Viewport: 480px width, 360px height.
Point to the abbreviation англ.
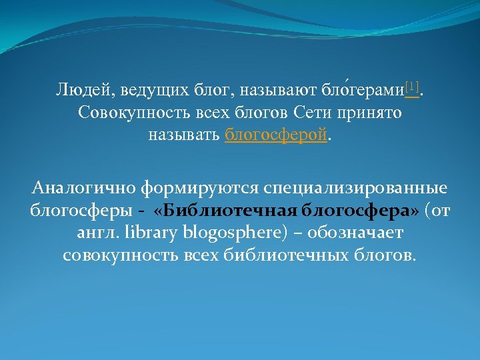[91, 234]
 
